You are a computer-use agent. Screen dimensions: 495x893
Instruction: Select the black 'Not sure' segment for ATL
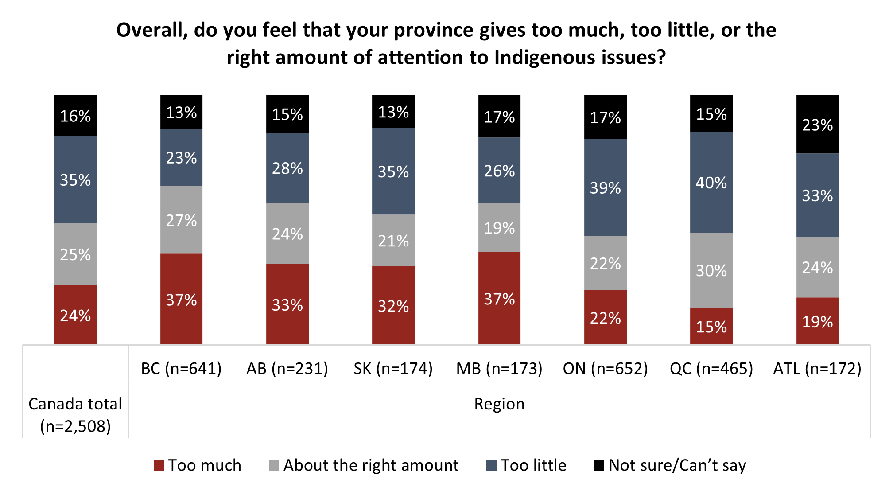pos(817,125)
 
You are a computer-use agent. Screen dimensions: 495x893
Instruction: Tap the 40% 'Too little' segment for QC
pos(711,182)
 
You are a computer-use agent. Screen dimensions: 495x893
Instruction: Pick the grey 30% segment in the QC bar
pos(711,270)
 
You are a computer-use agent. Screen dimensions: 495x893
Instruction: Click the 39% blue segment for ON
pos(605,187)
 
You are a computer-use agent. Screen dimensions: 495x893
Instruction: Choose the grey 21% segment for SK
pos(393,240)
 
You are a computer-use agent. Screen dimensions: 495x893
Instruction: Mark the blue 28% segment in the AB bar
pos(287,168)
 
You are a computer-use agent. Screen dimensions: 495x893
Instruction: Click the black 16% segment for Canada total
pos(75,116)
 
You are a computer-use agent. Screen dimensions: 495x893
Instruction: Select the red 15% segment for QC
pos(711,326)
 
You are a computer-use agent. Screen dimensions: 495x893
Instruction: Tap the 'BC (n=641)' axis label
pos(181,368)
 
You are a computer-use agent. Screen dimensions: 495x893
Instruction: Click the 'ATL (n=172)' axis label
pos(817,368)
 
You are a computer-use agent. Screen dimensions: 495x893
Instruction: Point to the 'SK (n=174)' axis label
pos(393,368)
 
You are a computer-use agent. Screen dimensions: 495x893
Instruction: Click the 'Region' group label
pos(499,404)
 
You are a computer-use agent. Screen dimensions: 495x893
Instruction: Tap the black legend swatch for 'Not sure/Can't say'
pos(599,465)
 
